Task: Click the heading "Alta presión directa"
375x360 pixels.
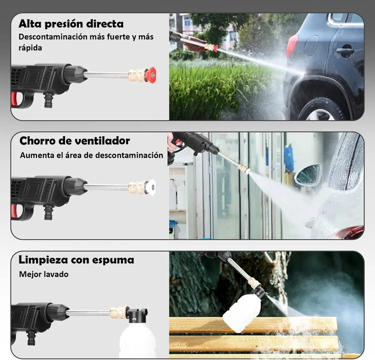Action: tap(71, 24)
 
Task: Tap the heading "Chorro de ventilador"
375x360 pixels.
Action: tap(74, 141)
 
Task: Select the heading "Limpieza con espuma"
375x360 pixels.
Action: tap(76, 260)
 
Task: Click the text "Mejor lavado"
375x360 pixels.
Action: tap(44, 274)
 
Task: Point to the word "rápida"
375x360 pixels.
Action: tap(30, 48)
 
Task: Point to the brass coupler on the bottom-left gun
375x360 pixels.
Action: tap(118, 312)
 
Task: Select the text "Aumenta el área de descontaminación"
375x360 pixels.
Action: tap(92, 155)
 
